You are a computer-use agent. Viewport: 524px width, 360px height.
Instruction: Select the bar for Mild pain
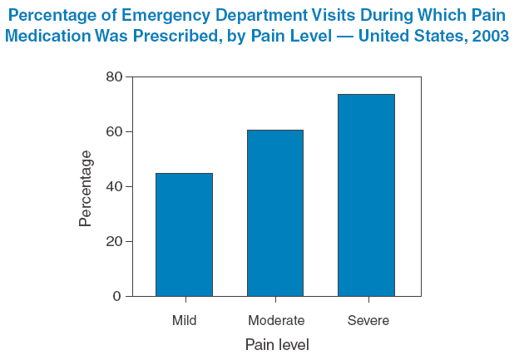[184, 234]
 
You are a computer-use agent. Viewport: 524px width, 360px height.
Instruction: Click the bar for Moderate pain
[275, 213]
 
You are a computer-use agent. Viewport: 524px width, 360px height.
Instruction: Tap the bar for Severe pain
[366, 195]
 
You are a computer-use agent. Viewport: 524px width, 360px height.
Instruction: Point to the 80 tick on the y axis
[113, 77]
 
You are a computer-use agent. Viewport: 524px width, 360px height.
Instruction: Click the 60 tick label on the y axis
[113, 132]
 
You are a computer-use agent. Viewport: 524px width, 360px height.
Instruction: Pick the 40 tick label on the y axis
[113, 187]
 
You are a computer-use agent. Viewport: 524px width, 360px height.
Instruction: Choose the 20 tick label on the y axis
[113, 242]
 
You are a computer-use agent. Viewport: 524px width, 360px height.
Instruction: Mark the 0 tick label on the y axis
[117, 297]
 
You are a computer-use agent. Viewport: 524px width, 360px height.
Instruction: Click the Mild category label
[184, 320]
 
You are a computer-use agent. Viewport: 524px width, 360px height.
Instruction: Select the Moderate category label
[276, 320]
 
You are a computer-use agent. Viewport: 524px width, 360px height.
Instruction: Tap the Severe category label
[368, 320]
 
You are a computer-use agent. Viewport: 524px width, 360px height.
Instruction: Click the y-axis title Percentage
[86, 188]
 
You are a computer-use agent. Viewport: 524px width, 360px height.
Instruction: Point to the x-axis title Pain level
[277, 344]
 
